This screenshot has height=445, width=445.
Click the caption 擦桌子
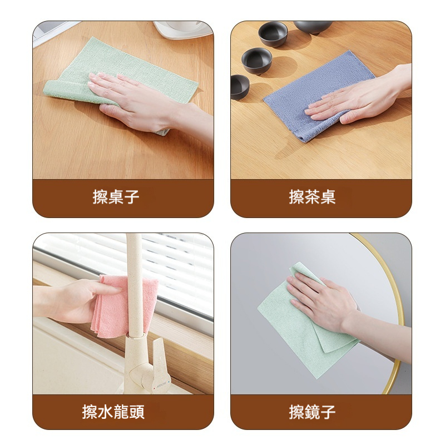pos(116,197)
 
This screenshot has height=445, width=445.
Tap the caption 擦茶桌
pos(312,197)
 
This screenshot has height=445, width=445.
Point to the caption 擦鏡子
pos(312,412)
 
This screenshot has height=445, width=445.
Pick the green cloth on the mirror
pos(289,328)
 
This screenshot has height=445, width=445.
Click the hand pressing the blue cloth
pos(356,97)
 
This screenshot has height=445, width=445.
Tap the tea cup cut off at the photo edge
pos(239,86)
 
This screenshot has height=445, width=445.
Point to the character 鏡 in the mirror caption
pos(312,412)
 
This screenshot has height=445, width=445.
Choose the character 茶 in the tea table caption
pos(312,197)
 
